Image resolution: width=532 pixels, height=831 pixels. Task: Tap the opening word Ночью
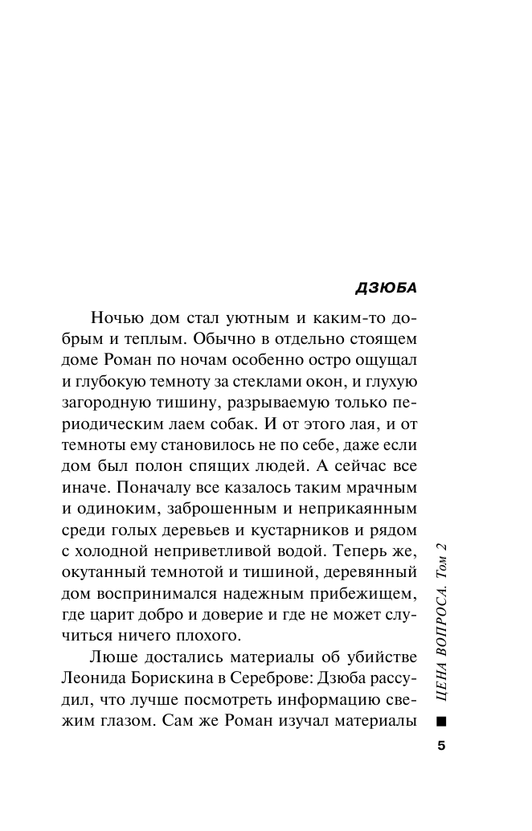(118, 315)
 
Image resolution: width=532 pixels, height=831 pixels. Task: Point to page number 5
(440, 746)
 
